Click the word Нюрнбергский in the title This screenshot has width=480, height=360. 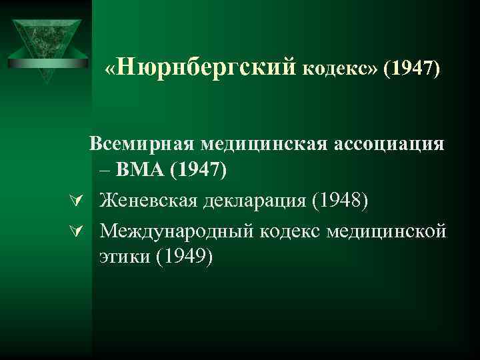[209, 68]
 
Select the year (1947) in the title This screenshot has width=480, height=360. [411, 69]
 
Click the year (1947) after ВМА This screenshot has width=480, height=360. [199, 172]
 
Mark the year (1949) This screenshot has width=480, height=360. [183, 257]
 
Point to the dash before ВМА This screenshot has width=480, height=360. [107, 172]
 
